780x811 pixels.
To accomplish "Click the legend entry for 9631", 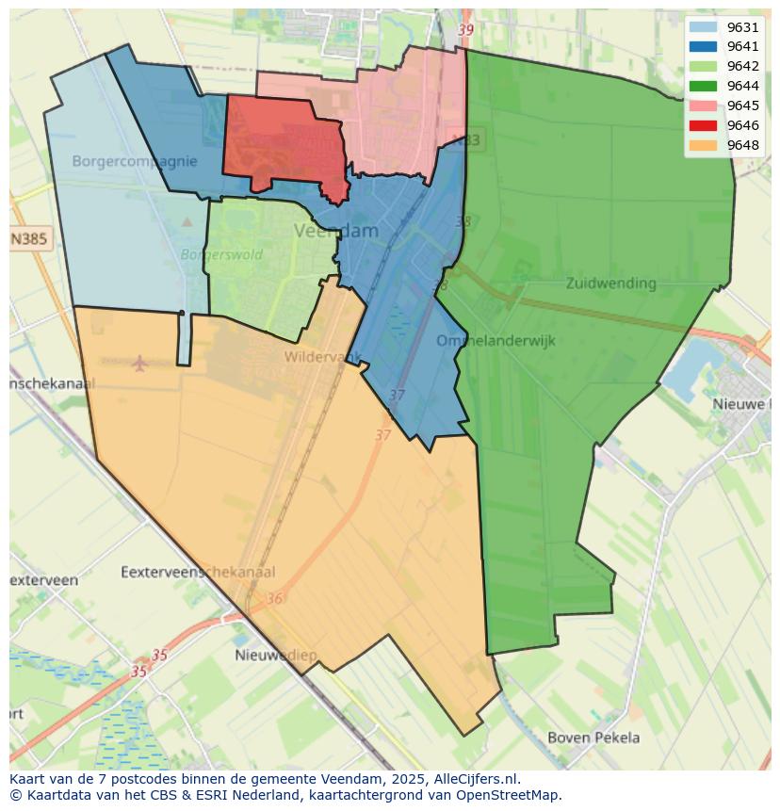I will [723, 27].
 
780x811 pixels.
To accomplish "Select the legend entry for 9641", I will [723, 47].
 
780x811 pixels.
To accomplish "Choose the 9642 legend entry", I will [723, 66].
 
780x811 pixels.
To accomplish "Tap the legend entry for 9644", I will [723, 86].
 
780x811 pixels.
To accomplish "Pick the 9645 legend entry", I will [723, 105].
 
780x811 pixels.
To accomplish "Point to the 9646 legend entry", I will [723, 125].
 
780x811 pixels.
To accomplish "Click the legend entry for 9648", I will [723, 145].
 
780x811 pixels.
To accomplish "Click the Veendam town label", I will [336, 231].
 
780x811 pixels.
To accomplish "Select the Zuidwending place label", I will [611, 283].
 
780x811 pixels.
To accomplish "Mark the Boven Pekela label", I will [593, 738].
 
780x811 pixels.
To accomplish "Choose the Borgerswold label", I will [221, 254].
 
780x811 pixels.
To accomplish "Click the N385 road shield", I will [29, 239].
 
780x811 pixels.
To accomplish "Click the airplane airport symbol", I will [140, 363].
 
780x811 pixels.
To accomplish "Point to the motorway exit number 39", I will [465, 30].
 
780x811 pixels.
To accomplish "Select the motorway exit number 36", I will [274, 599].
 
